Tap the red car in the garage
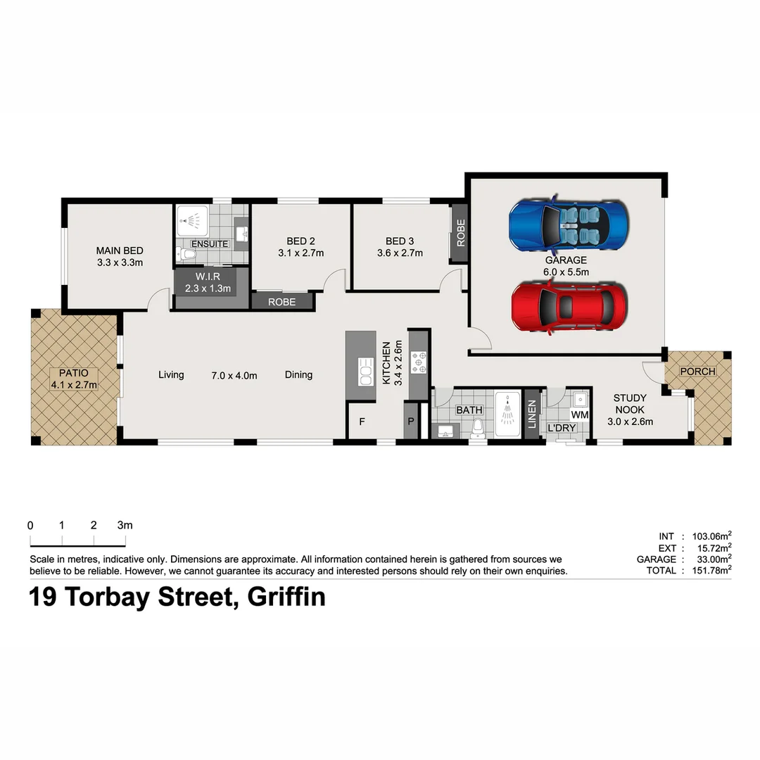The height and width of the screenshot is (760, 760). pos(568,306)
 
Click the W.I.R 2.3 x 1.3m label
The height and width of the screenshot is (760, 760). pos(208,282)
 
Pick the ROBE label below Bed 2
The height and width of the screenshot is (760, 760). pos(282,302)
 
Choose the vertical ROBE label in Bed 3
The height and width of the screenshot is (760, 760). pos(460,233)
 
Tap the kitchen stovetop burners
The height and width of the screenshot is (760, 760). pos(419,362)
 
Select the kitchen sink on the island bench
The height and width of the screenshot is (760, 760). pos(366,372)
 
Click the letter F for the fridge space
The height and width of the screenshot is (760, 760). pos(362,422)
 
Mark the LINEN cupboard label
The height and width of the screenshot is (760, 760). pos(532,414)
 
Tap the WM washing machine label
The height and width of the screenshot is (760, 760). pos(579,415)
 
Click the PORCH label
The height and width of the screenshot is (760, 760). pos(697,372)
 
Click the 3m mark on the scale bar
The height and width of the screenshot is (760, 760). pos(125,526)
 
